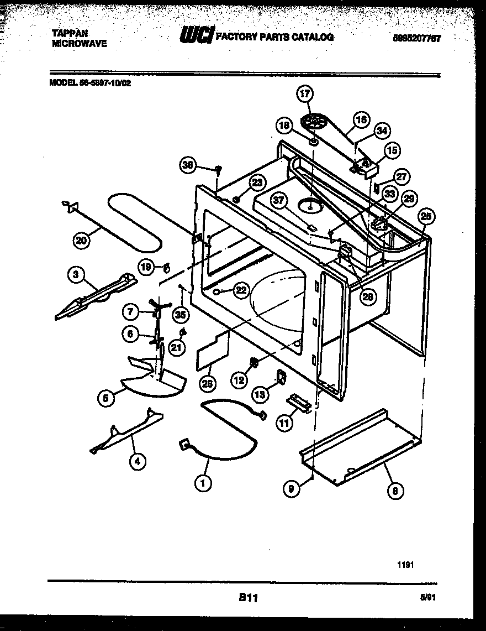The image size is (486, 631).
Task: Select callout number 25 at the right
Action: pyautogui.click(x=425, y=217)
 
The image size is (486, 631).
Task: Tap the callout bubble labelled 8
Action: pyautogui.click(x=395, y=489)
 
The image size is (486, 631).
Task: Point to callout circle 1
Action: pyautogui.click(x=203, y=483)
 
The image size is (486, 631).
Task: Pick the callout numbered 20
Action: pyautogui.click(x=82, y=240)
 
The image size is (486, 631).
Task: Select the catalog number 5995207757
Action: pyautogui.click(x=418, y=38)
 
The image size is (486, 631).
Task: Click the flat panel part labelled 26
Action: pyautogui.click(x=213, y=350)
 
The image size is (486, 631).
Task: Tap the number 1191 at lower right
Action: pyautogui.click(x=405, y=565)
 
